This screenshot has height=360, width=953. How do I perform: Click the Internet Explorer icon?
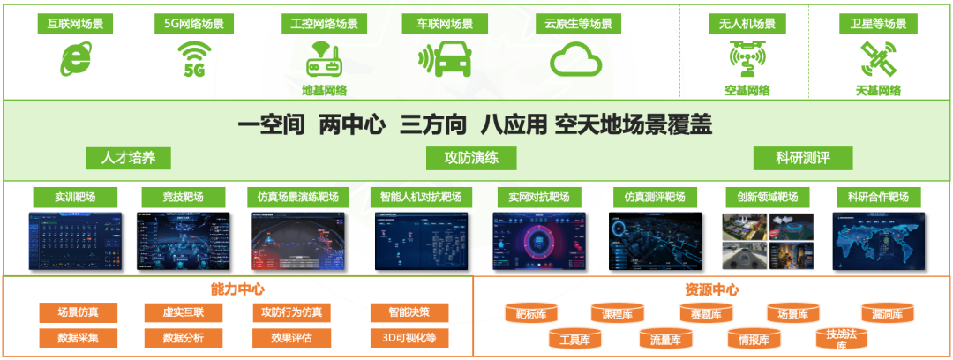75,60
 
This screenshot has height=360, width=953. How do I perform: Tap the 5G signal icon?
193,59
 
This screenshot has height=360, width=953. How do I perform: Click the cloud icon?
575,61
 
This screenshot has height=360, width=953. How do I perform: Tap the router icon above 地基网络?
324,59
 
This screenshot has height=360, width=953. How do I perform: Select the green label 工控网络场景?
324,24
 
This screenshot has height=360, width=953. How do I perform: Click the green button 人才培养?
128,158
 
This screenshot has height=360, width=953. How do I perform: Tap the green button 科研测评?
802,158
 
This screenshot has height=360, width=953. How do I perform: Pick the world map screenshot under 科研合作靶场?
877,241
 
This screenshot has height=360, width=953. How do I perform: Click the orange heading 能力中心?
237,289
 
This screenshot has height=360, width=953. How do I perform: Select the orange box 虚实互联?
184,312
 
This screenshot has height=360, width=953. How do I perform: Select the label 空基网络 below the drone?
747,90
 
